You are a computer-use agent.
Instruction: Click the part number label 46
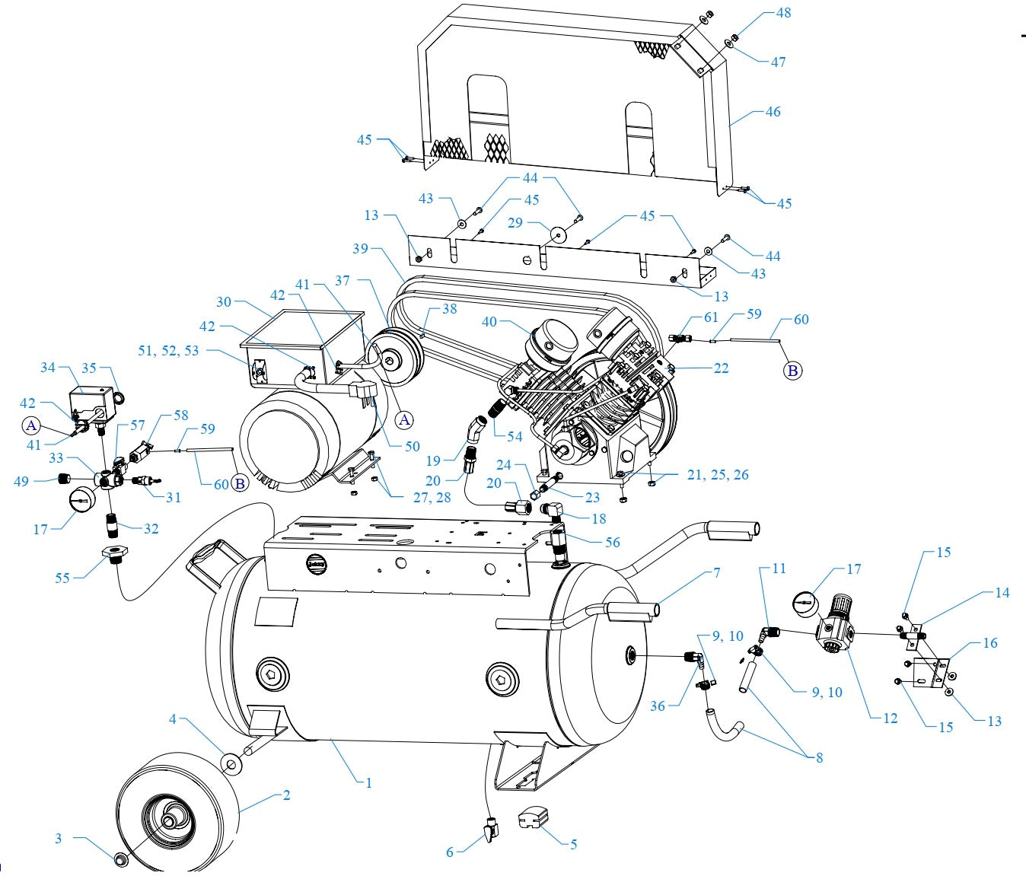click(773, 112)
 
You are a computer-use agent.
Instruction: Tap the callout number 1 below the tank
click(368, 782)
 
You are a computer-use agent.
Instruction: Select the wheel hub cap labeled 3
click(119, 859)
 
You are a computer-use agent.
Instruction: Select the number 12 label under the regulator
click(890, 718)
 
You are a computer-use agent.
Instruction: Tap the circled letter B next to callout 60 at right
click(793, 371)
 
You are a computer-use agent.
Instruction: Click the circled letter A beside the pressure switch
click(31, 425)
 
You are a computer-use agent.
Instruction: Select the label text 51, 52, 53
click(168, 350)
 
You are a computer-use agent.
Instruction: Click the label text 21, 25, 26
click(717, 475)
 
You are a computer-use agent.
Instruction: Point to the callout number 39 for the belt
click(361, 250)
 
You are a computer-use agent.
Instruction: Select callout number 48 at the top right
click(783, 13)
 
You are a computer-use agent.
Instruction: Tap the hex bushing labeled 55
click(114, 553)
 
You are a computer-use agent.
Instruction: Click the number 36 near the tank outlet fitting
click(658, 706)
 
